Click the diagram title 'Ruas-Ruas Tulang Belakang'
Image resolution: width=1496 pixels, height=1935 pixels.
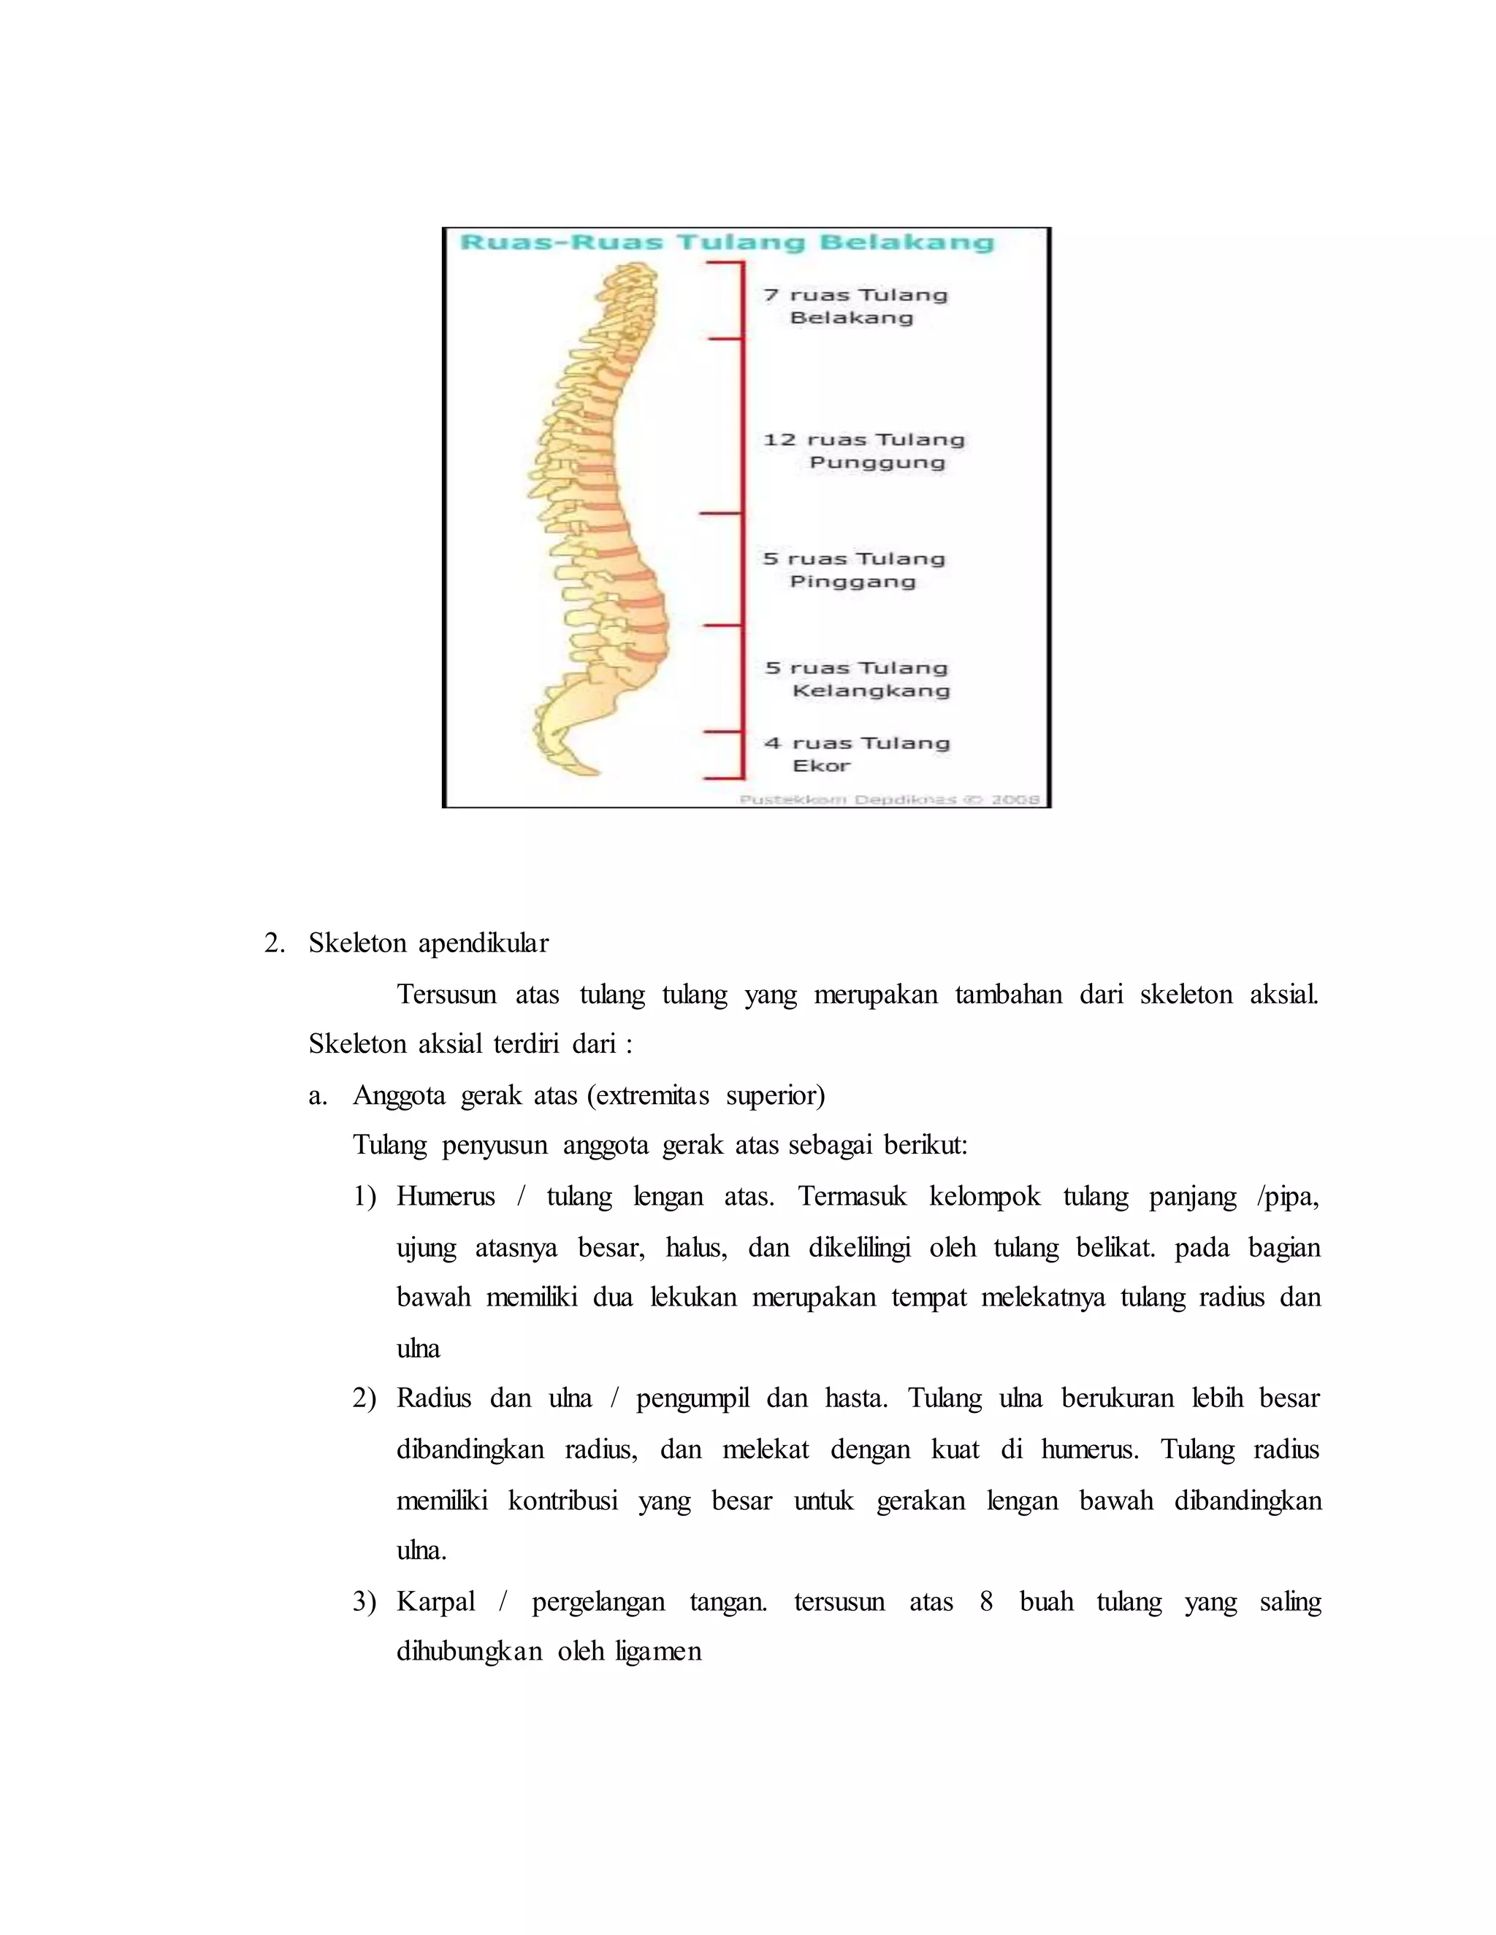tap(727, 242)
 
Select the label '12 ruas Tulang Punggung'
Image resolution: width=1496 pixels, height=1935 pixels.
tap(864, 451)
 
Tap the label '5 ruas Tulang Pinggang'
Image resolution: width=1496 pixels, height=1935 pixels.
tap(853, 570)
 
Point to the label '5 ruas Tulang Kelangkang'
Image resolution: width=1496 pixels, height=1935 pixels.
tap(857, 678)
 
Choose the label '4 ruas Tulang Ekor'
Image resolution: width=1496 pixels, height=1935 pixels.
tap(856, 754)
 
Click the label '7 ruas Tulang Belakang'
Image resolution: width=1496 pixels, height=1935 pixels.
tap(855, 306)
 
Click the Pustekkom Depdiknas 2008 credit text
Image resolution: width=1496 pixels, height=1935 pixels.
tap(889, 799)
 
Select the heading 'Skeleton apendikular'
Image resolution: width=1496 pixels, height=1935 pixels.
tap(428, 943)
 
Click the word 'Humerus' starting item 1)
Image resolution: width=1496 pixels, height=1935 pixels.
tap(445, 1197)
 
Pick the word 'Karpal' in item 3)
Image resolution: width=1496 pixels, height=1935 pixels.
tap(435, 1602)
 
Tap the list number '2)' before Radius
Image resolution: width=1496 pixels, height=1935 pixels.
tap(365, 1399)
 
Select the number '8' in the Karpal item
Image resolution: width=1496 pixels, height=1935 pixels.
tap(985, 1602)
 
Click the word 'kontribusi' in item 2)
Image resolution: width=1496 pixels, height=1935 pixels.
tap(562, 1501)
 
